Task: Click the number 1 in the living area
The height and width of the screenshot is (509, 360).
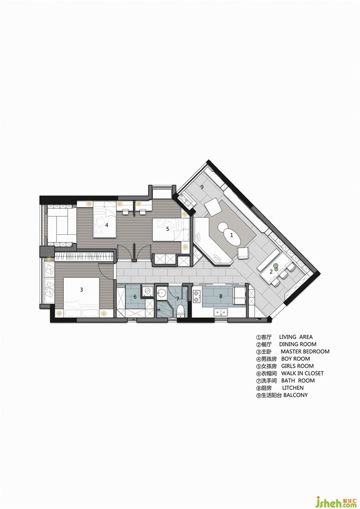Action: click(231, 235)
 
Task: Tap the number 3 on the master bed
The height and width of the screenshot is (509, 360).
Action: click(82, 289)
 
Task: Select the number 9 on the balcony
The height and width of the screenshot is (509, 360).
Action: click(202, 187)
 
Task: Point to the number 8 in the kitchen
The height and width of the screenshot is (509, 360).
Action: click(221, 296)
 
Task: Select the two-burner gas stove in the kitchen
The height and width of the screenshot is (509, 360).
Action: click(197, 296)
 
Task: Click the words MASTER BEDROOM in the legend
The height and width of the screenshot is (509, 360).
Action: click(305, 351)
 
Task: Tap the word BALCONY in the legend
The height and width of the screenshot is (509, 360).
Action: click(295, 395)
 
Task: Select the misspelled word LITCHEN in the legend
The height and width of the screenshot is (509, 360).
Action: click(293, 388)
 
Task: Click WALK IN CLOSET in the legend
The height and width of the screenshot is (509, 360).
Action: click(302, 373)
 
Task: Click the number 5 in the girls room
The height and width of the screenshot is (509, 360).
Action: click(168, 229)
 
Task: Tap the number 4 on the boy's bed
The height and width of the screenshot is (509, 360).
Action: click(107, 225)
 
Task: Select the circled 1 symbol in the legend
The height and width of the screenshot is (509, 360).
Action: click(259, 337)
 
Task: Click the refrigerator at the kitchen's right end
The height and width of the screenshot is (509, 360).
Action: click(240, 295)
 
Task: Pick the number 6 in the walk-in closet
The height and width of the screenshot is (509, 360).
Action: click(135, 296)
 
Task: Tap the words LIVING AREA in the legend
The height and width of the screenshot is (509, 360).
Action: click(296, 337)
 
